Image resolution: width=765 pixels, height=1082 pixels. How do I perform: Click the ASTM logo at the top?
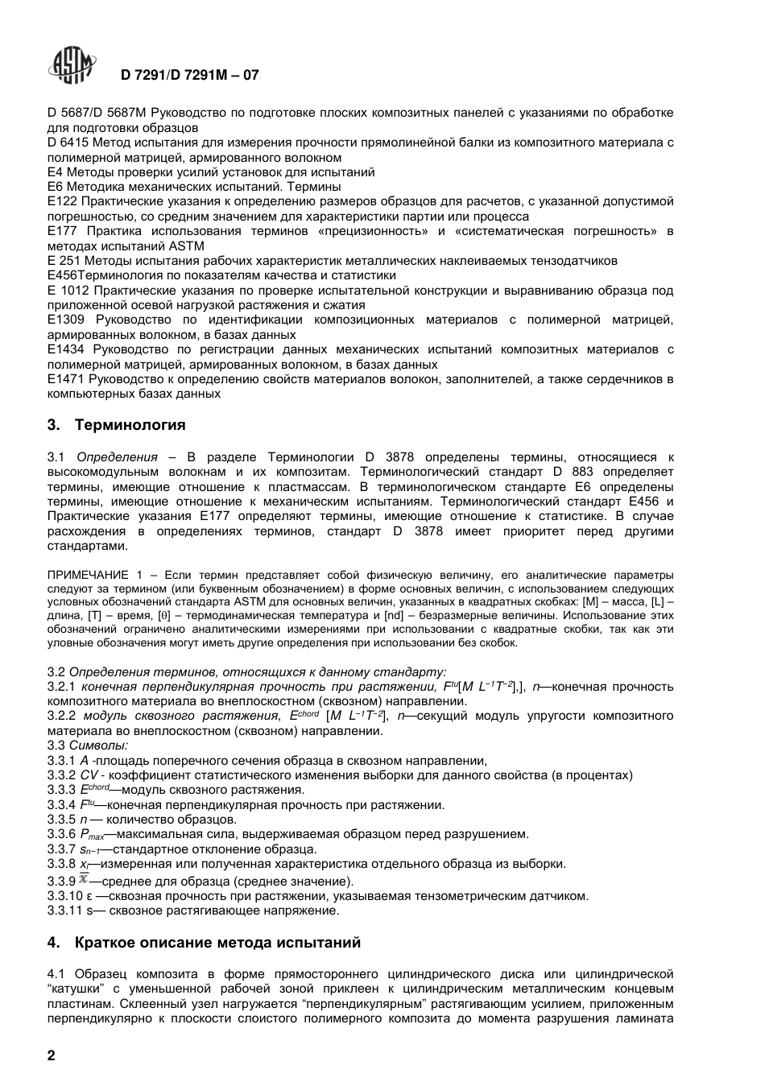[72, 66]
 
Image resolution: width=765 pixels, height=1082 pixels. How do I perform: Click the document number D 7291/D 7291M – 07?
[190, 76]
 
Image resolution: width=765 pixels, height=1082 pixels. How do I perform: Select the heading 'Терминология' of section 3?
[130, 425]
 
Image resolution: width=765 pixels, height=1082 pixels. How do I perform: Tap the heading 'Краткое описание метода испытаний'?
[217, 943]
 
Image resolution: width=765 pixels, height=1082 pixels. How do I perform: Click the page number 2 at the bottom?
[52, 1056]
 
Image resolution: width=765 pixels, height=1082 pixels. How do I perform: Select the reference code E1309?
[66, 320]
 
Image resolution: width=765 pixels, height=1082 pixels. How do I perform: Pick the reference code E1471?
[66, 379]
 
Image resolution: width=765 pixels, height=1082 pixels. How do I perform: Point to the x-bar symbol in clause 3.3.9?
[83, 879]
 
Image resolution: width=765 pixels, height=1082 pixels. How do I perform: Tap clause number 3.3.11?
[64, 911]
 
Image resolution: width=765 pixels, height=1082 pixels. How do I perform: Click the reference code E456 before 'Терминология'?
[62, 275]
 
